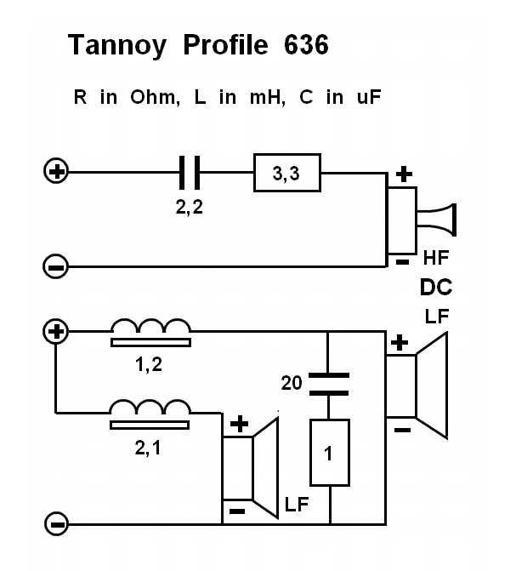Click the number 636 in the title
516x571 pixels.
coord(301,46)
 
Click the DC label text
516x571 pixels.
coord(435,288)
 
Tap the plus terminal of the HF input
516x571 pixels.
coord(56,173)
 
